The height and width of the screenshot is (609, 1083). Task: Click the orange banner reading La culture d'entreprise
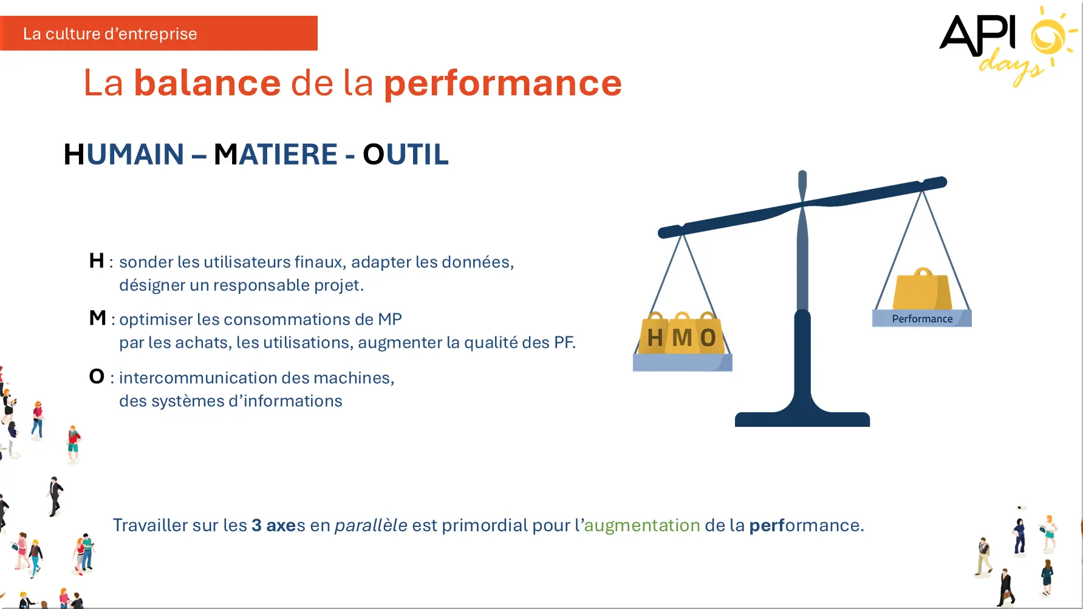159,33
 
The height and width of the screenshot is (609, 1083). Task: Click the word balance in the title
207,83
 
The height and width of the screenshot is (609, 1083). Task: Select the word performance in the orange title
503,84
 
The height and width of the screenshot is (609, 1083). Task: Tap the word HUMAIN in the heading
124,154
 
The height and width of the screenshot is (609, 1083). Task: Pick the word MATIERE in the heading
276,154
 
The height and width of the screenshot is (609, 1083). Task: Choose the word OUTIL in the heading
406,154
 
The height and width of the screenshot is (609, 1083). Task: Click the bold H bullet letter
97,260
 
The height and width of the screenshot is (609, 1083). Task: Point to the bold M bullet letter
98,318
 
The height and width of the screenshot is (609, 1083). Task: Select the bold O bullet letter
97,376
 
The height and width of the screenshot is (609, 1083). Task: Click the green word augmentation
642,525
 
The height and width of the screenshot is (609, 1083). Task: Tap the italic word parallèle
371,525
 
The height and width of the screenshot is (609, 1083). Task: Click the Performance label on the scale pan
922,319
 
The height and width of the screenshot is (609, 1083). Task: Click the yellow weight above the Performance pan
922,290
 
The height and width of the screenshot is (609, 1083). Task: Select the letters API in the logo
978,35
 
